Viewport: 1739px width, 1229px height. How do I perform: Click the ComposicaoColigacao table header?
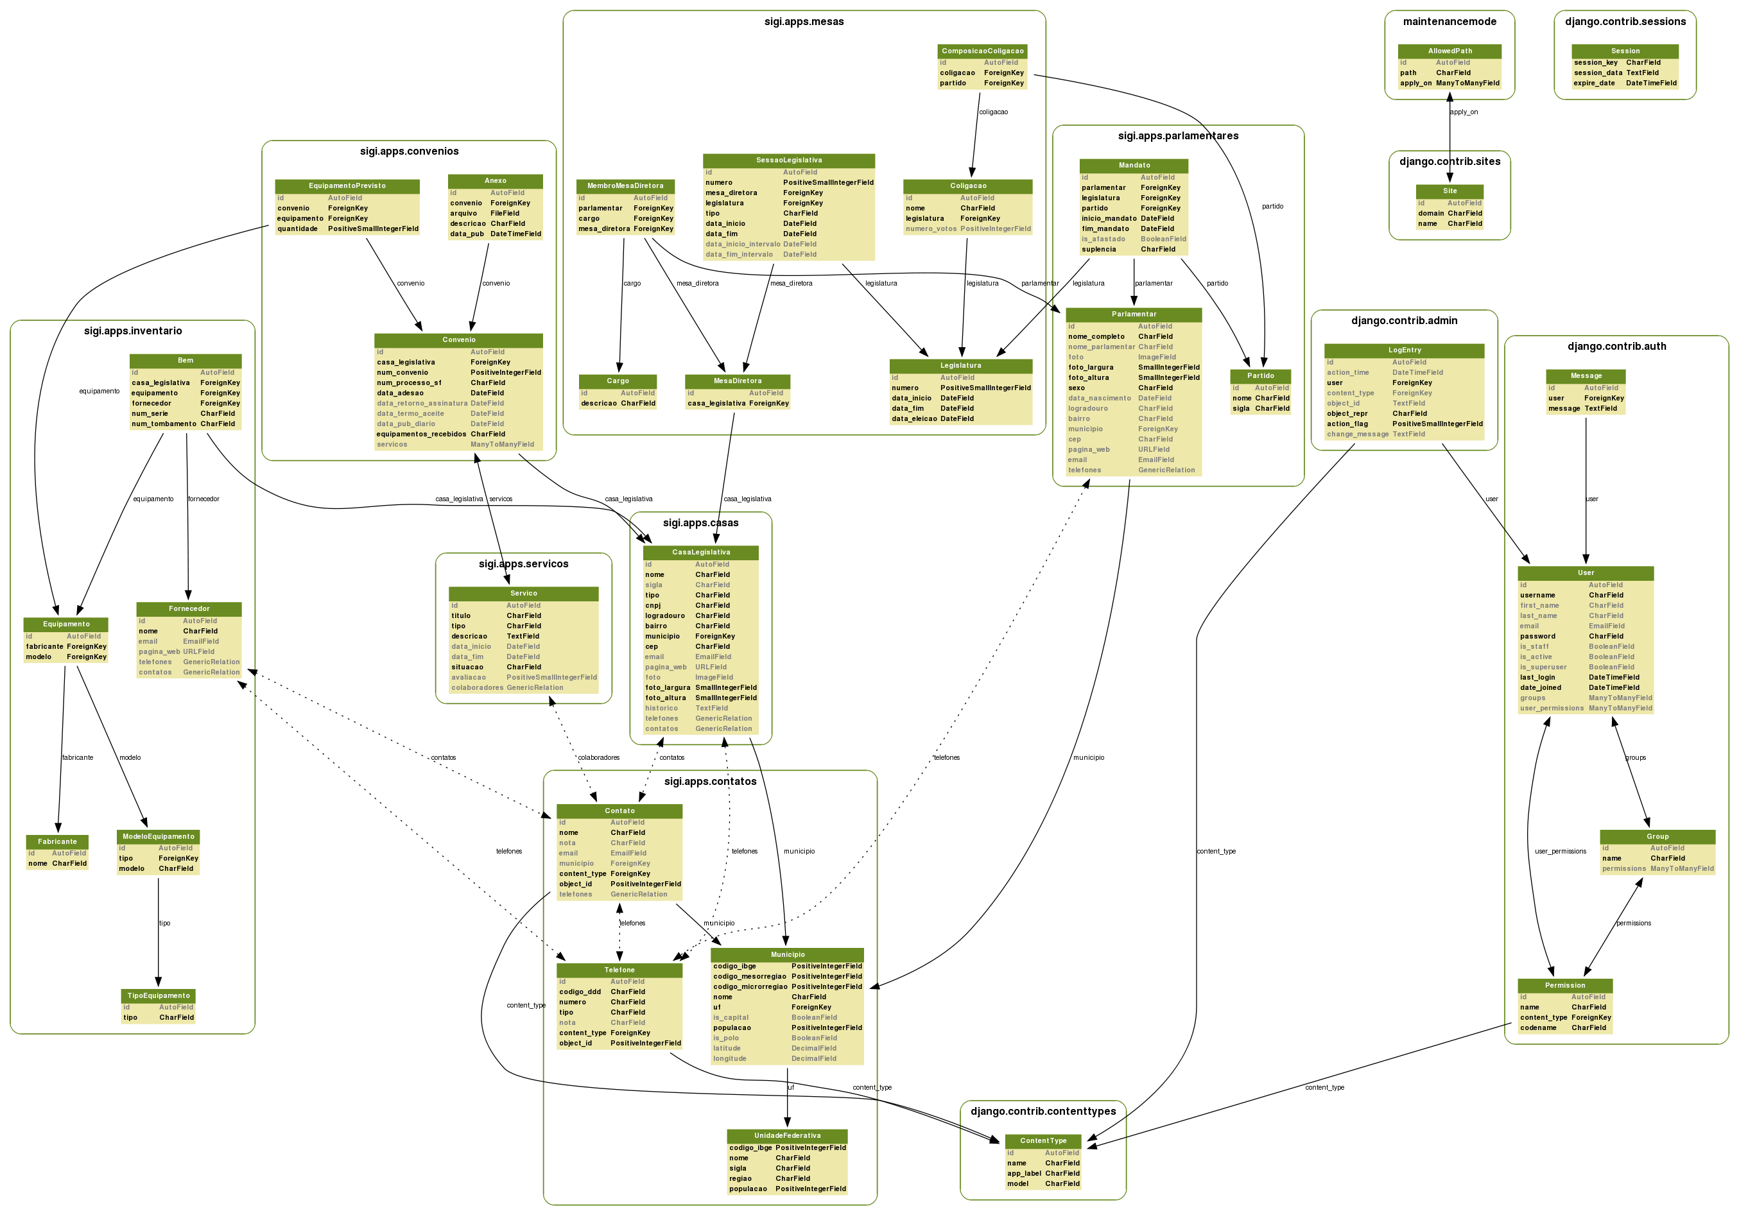pyautogui.click(x=982, y=51)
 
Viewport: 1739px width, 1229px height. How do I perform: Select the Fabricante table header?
pyautogui.click(x=58, y=841)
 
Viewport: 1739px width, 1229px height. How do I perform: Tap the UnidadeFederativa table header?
pyautogui.click(x=787, y=1135)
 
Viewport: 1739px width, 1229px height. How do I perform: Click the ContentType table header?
pyautogui.click(x=1043, y=1140)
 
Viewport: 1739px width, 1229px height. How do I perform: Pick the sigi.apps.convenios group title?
pyautogui.click(x=409, y=151)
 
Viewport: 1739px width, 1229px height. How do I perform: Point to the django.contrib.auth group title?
pyautogui.click(x=1616, y=347)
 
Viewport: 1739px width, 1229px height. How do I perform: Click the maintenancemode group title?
pyautogui.click(x=1449, y=22)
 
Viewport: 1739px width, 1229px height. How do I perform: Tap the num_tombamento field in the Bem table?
pyautogui.click(x=164, y=424)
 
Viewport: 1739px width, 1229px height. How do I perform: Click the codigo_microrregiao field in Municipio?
pyautogui.click(x=750, y=986)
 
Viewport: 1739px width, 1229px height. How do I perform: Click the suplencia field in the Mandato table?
pyautogui.click(x=1098, y=249)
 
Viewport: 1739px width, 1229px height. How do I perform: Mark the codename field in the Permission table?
pyautogui.click(x=1537, y=1027)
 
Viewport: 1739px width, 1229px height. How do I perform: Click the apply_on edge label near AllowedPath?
pyautogui.click(x=1464, y=112)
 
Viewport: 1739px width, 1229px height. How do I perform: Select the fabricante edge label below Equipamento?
pyautogui.click(x=77, y=757)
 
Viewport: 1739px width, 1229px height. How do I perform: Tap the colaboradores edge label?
pyautogui.click(x=598, y=757)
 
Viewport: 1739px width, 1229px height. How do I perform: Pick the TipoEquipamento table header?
pyautogui.click(x=159, y=996)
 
